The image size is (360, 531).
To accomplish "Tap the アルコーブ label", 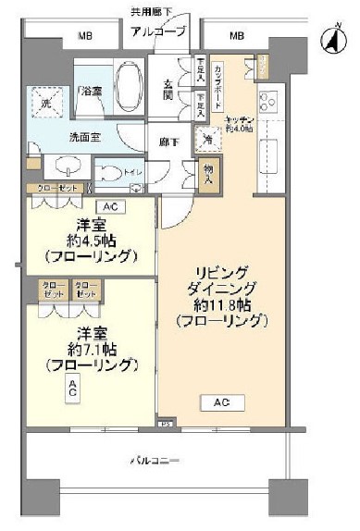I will pyautogui.click(x=158, y=32).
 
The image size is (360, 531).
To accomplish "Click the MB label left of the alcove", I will pyautogui.click(x=85, y=36).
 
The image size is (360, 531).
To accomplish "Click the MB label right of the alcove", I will pyautogui.click(x=237, y=36).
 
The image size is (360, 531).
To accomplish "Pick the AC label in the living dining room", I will pyautogui.click(x=222, y=402).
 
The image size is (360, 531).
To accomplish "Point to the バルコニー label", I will pyautogui.click(x=154, y=460).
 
